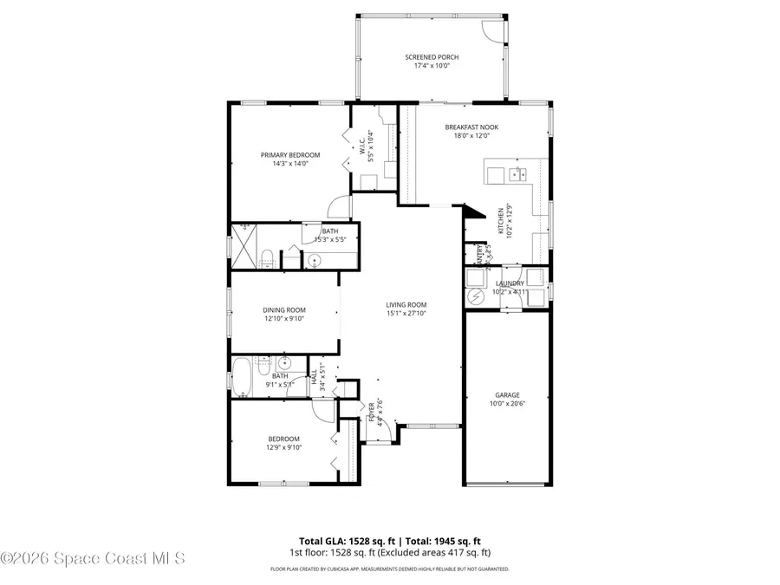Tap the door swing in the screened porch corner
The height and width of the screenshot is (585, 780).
coord(492,31)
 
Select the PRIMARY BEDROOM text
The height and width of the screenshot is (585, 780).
coord(290,155)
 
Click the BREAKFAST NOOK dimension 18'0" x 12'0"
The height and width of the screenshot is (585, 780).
coord(471,135)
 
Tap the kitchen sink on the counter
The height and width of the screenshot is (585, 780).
coord(520,175)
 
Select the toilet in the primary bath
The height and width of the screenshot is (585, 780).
coord(268,258)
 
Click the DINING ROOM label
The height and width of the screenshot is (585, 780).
coord(284,309)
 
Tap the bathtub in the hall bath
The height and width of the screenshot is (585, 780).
coord(242,377)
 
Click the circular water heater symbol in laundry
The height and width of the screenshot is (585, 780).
coord(477,296)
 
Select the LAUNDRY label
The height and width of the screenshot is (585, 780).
coord(510,283)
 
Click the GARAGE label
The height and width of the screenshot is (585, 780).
coord(507,395)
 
